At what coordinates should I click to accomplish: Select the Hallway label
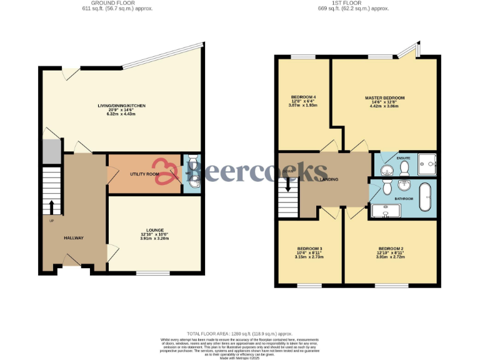[x=73, y=238]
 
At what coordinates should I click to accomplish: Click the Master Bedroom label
[x=385, y=98]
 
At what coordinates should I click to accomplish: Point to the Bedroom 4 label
[x=304, y=97]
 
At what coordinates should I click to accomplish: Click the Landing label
[x=329, y=180]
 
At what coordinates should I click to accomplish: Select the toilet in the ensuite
[x=403, y=167]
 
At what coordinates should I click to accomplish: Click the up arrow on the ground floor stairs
[x=52, y=206]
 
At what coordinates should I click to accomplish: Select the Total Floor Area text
[x=240, y=334]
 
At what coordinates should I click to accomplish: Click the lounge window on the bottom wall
[x=153, y=272]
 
